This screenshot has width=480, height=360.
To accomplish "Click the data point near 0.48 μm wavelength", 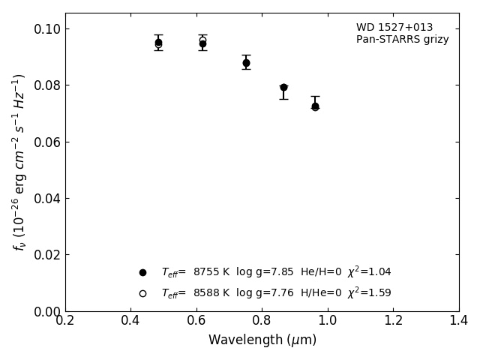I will tap(158, 43).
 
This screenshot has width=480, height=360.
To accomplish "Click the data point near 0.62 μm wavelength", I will tap(202, 43).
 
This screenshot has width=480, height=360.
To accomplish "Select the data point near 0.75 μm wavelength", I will tap(246, 63).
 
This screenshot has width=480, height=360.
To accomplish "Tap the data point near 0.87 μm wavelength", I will tap(283, 88).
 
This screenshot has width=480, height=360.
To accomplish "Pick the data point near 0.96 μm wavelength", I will tap(315, 106).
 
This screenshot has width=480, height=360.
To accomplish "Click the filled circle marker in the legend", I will tap(142, 272).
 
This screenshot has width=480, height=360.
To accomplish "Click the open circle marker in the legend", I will tap(142, 293).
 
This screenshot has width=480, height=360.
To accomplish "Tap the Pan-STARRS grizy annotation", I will tap(402, 40).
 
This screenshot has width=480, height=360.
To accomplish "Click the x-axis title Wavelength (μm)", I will tap(262, 340).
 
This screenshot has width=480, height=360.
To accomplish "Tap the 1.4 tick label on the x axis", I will tap(459, 320).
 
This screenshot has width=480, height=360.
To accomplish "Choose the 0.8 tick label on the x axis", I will tap(262, 320).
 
